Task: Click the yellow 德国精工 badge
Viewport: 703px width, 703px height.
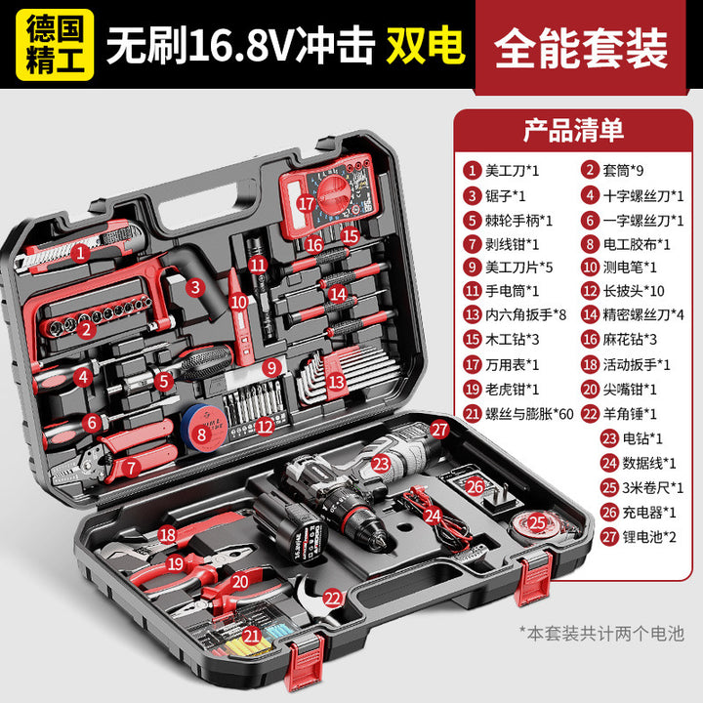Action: point(55,45)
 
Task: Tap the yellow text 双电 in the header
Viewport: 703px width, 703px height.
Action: point(426,45)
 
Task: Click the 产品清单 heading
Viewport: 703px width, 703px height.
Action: point(573,131)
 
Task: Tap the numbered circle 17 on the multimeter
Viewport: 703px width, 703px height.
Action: point(307,203)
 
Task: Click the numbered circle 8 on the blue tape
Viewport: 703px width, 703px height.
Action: point(202,434)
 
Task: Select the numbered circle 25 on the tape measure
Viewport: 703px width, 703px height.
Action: point(537,522)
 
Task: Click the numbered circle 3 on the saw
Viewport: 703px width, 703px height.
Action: point(195,287)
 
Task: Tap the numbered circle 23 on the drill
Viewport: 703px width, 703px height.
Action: point(381,464)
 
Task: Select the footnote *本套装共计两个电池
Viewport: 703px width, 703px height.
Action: point(601,634)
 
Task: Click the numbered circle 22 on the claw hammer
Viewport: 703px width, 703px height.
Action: point(333,599)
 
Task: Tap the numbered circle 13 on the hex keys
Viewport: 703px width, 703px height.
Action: point(336,382)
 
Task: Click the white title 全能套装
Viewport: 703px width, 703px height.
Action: point(582,48)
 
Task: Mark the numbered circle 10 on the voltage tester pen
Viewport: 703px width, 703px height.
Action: point(238,302)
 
